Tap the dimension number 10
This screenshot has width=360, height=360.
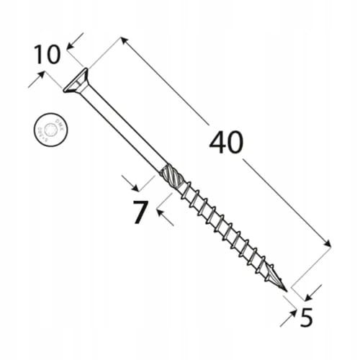[x=48, y=55]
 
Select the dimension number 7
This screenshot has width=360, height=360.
[x=140, y=213]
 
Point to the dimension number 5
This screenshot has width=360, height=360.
[x=306, y=317]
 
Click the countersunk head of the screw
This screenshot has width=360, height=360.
[x=75, y=81]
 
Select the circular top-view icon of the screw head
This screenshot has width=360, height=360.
[x=48, y=130]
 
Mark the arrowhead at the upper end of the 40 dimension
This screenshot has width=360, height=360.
[x=124, y=41]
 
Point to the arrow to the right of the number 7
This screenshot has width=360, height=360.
[x=164, y=218]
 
